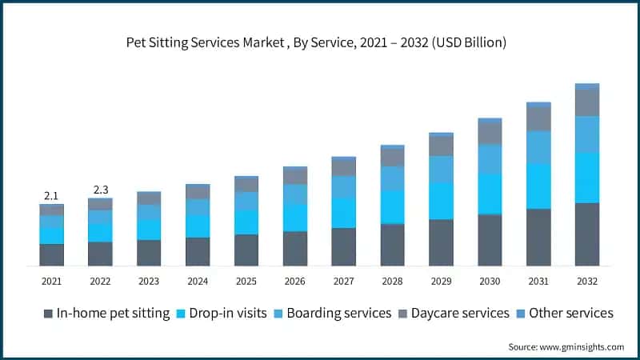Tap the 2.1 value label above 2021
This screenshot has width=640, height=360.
[x=52, y=196]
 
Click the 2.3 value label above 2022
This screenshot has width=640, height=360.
[x=101, y=190]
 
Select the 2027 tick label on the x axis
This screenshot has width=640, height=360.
[x=344, y=282]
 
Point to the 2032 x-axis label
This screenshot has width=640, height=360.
[x=587, y=282]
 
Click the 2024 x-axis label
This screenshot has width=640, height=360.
[x=198, y=282]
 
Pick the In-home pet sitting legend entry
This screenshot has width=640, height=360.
[x=113, y=313]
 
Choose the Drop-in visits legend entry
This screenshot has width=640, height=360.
[x=227, y=313]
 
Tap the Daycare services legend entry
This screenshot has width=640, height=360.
[x=460, y=313]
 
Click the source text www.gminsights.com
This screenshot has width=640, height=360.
[x=566, y=346]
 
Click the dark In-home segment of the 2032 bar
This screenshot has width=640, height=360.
[x=587, y=234]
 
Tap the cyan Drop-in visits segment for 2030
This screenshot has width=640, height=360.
[x=490, y=194]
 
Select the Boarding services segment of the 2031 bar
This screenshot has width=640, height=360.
[x=538, y=147]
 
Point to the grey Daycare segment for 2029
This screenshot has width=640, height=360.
[x=441, y=146]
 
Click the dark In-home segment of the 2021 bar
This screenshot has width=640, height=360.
[x=52, y=254]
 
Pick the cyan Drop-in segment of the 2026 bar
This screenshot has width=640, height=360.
[x=295, y=218]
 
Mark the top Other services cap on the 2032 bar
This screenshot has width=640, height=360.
[x=587, y=86]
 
